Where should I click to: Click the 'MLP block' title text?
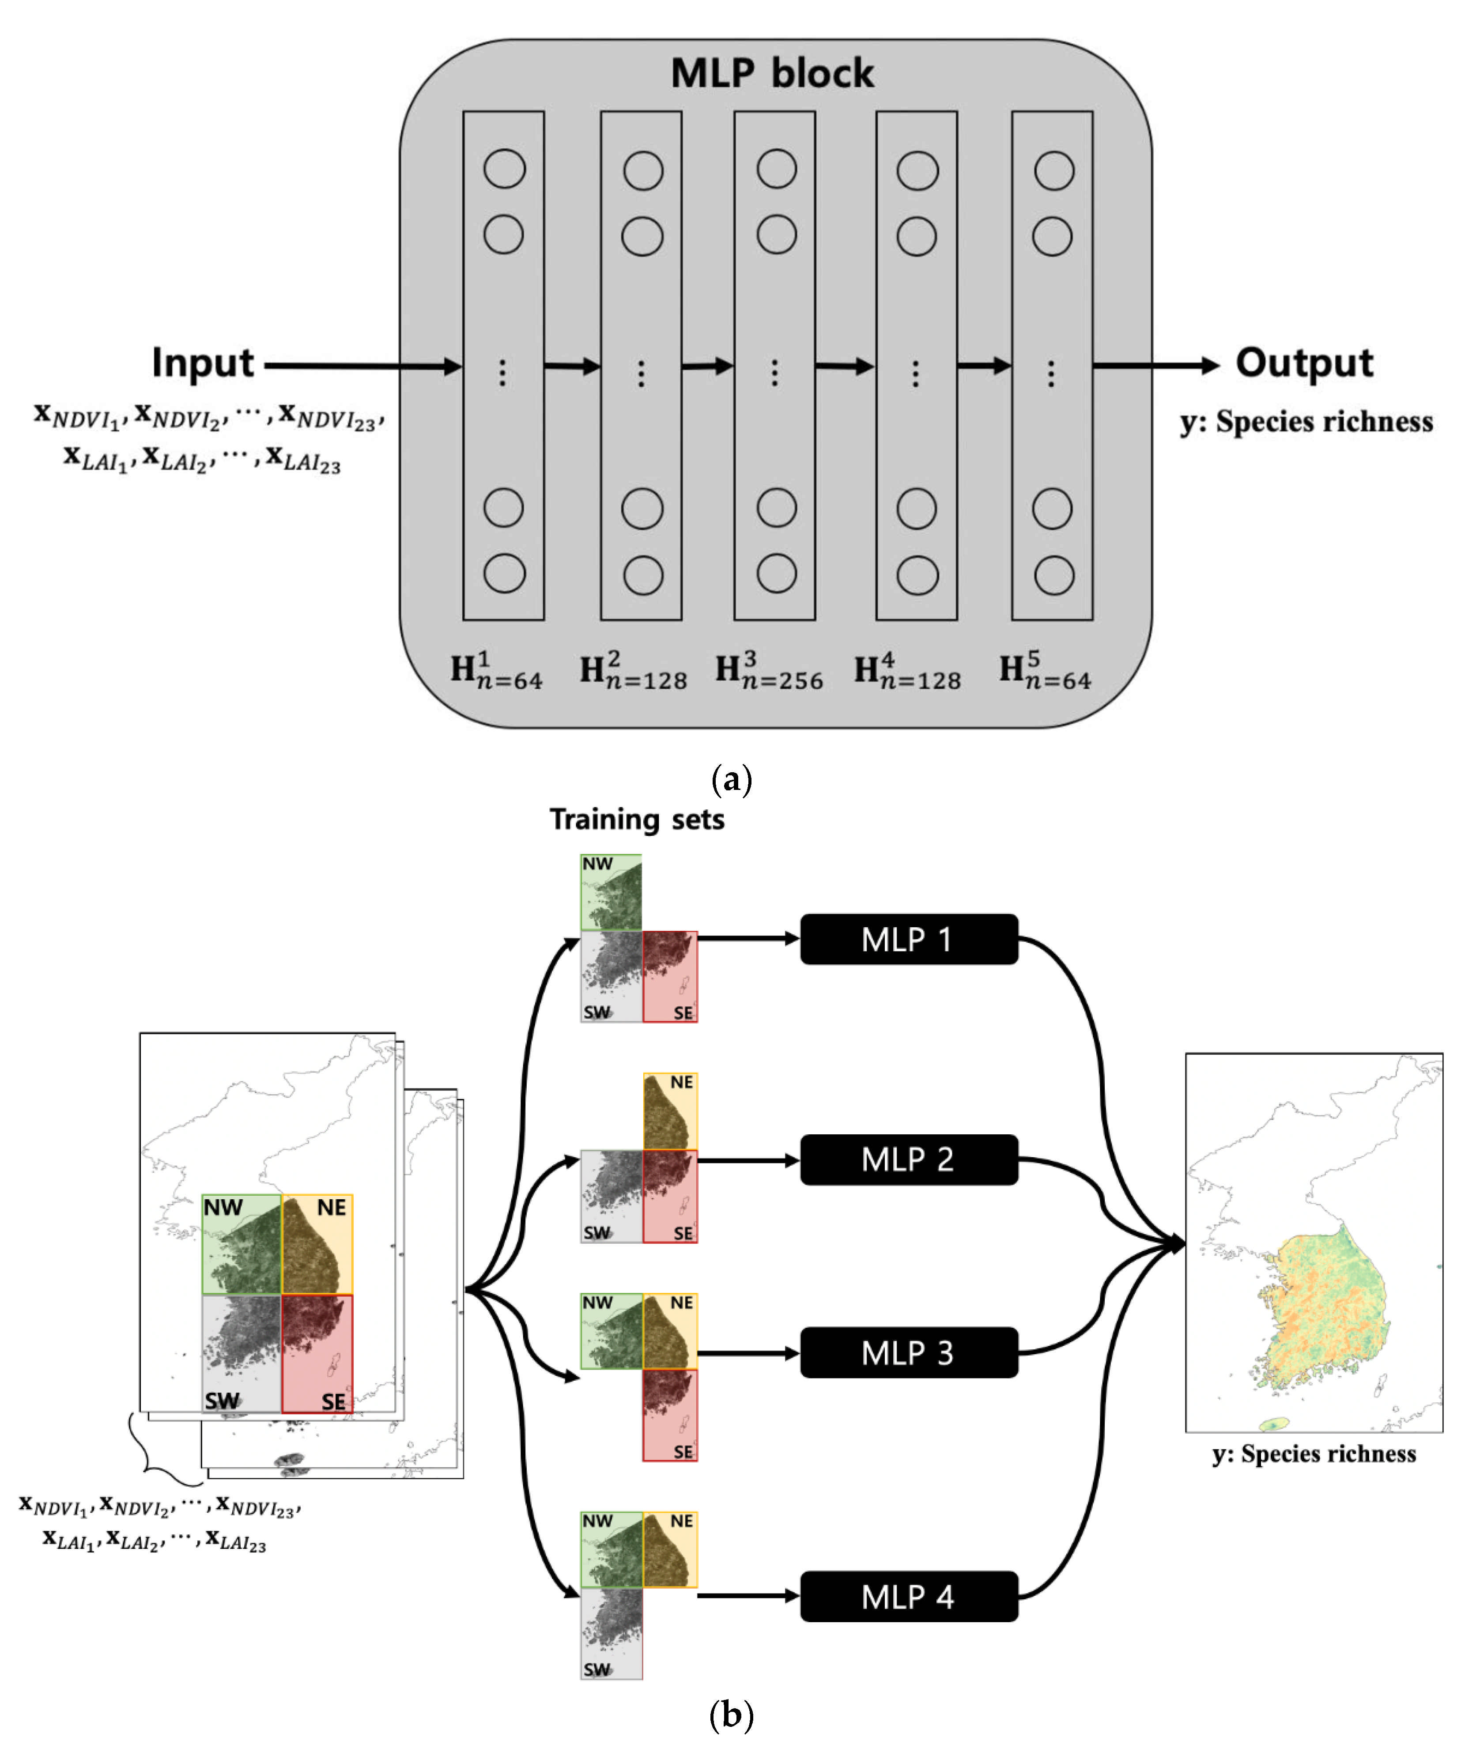pyautogui.click(x=772, y=74)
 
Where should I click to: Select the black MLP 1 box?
pyautogui.click(x=909, y=940)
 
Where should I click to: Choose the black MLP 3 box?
pyautogui.click(x=909, y=1353)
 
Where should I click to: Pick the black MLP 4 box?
pyautogui.click(x=909, y=1597)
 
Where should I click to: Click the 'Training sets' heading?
pyautogui.click(x=637, y=819)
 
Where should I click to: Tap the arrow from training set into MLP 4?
pyautogui.click(x=747, y=1596)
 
